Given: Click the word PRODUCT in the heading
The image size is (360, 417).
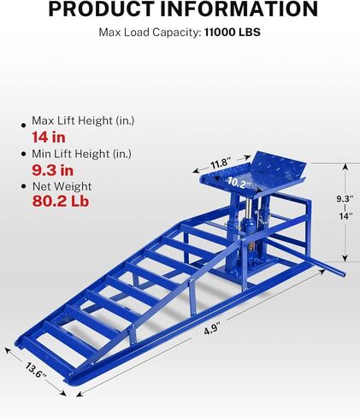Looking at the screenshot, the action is (x=102, y=9).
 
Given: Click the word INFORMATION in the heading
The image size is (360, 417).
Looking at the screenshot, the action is (x=239, y=9).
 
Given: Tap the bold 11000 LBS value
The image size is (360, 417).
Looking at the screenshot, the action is (x=233, y=32).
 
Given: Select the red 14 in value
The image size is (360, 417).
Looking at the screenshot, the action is (x=49, y=138).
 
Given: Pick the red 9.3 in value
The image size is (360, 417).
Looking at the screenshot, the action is (x=53, y=170).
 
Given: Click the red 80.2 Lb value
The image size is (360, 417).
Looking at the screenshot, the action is (x=61, y=201).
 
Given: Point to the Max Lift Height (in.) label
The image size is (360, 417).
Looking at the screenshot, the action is (x=83, y=120).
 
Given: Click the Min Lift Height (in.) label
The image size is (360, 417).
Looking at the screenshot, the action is (x=82, y=154).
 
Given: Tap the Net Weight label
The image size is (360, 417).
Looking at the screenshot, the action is (x=62, y=186).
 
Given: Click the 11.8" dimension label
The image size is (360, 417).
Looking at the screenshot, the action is (x=220, y=163).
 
